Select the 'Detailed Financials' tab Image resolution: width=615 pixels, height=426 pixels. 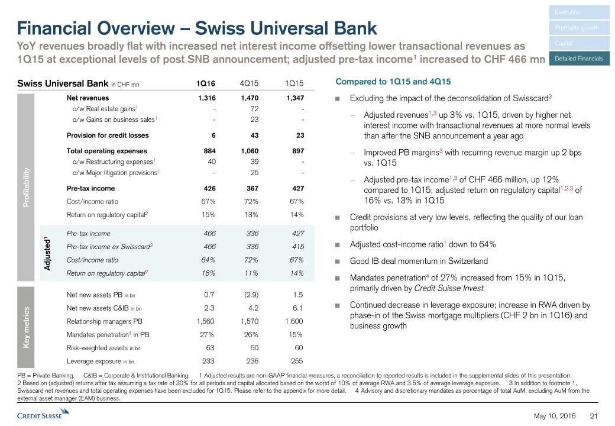click(x=579, y=59)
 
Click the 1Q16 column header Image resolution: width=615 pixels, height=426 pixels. click(x=206, y=83)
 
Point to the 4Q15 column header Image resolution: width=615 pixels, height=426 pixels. click(x=250, y=83)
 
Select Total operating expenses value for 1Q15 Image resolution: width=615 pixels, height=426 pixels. click(x=295, y=151)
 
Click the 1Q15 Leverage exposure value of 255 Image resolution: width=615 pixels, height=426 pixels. click(x=296, y=361)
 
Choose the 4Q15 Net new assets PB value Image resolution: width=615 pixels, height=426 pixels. click(x=250, y=294)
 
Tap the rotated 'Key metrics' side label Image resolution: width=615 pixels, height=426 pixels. click(x=26, y=327)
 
